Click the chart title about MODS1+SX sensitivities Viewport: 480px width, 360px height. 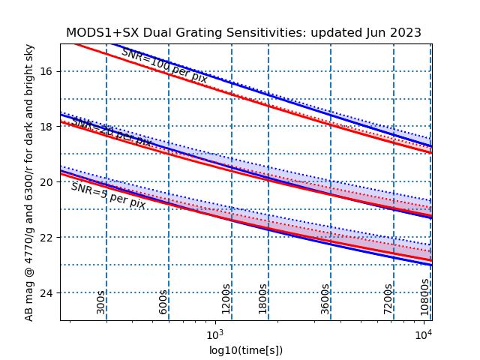tap(244, 33)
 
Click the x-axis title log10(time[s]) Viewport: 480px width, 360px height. tap(246, 350)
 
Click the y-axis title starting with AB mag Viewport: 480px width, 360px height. tap(30, 182)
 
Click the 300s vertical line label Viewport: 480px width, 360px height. tap(101, 301)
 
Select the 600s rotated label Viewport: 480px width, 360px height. tap(163, 301)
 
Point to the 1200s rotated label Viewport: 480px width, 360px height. tap(226, 298)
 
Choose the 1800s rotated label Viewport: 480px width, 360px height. tap(262, 298)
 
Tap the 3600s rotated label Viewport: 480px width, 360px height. tap(325, 298)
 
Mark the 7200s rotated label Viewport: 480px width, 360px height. tap(388, 298)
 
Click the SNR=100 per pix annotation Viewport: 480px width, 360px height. tap(164, 65)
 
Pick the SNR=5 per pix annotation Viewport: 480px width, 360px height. tap(108, 196)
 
